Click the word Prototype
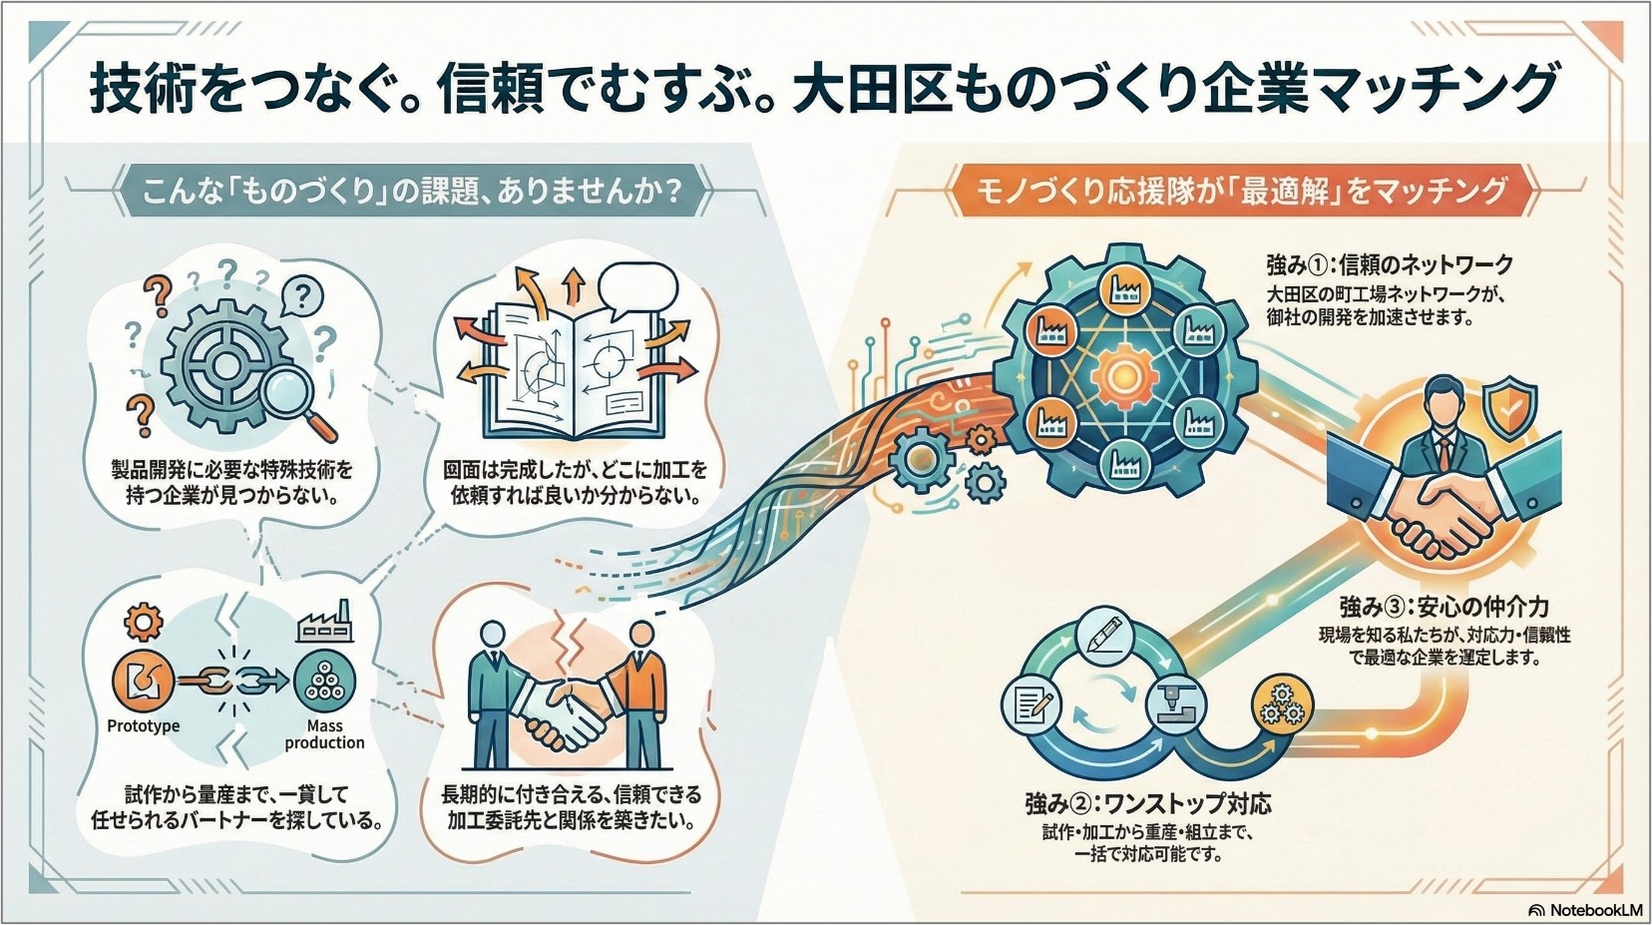click(144, 725)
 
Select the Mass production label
click(324, 734)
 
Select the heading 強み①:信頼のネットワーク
click(1390, 264)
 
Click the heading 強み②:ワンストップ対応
click(1147, 802)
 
